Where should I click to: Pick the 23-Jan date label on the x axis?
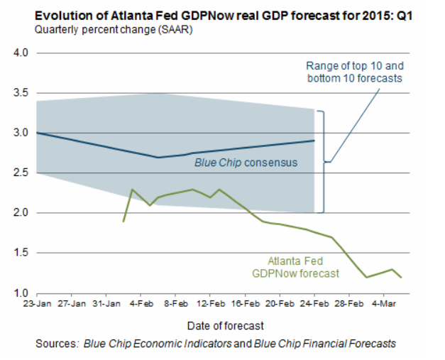click(x=38, y=303)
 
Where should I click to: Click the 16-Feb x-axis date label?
click(x=245, y=303)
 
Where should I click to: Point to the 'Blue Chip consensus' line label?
click(x=246, y=163)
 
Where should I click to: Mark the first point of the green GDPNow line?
click(x=123, y=222)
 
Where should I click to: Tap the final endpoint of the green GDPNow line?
click(x=402, y=277)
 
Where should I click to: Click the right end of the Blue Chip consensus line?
click(x=314, y=141)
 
